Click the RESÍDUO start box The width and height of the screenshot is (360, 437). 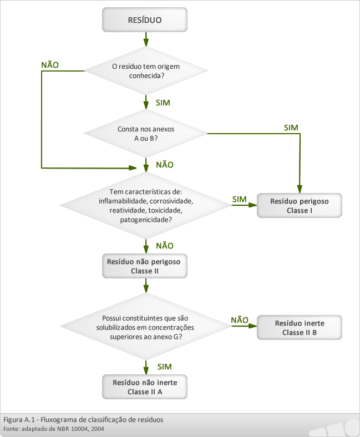145,20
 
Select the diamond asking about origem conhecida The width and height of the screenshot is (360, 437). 146,71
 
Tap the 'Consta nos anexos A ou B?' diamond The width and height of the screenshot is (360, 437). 145,134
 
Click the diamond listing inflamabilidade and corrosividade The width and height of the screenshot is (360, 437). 145,205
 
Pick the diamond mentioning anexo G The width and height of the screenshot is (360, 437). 145,326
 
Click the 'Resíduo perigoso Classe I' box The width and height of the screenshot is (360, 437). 300,205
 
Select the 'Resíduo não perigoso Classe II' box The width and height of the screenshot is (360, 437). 145,266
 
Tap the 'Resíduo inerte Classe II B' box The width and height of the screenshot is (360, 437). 300,327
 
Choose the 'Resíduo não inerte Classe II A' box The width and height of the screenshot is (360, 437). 145,387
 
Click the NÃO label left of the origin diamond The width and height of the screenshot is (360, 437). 50,65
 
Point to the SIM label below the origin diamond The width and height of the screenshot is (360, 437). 163,103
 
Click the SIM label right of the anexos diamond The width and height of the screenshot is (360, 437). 291,128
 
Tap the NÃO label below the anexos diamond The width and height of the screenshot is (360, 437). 165,165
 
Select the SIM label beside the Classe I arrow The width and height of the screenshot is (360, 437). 240,199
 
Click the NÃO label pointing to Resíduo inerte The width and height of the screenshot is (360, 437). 240,320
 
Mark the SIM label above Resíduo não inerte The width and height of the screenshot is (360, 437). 165,367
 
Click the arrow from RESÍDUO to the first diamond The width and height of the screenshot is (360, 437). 146,39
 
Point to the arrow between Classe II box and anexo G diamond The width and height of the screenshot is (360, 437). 146,286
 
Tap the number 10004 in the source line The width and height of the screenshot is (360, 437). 80,429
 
